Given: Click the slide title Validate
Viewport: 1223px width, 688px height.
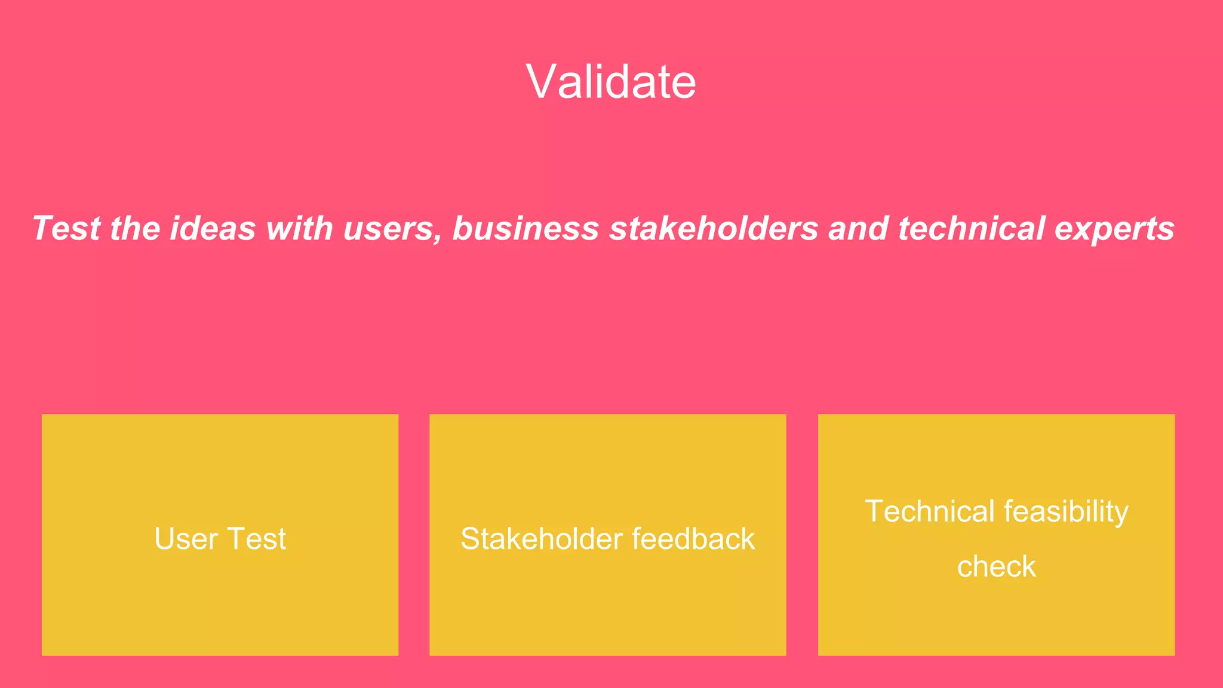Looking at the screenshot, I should point(611,81).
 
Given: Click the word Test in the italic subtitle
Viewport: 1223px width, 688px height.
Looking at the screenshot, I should point(66,229).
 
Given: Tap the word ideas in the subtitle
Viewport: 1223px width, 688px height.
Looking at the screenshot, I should point(213,229).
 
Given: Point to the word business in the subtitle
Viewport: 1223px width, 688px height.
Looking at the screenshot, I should point(526,229).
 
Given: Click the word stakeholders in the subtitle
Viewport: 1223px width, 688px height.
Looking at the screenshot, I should point(714,229).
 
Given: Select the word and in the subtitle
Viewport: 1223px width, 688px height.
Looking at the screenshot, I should point(858,229).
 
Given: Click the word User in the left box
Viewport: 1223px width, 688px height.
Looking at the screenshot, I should point(186,539).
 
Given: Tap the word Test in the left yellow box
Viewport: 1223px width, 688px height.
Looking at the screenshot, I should point(257,539).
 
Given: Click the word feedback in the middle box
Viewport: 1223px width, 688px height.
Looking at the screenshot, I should point(693,539).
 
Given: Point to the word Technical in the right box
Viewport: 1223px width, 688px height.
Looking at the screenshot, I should point(930,511).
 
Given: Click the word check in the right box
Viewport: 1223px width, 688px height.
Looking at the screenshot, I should point(996,566).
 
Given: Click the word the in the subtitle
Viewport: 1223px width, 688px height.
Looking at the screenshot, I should point(135,229).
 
